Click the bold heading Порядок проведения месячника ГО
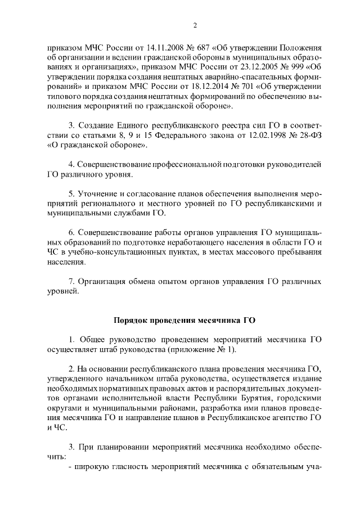coord(184,320)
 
